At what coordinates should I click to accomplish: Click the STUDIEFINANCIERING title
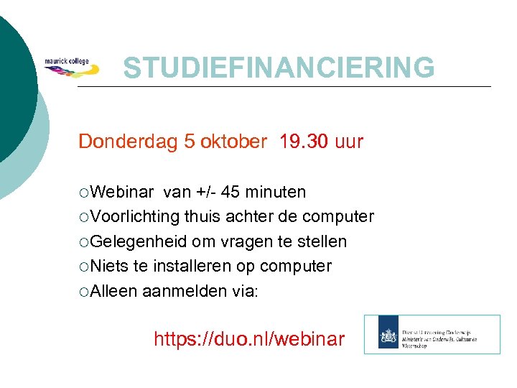[x=279, y=68]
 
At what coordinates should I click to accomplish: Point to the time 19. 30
[x=302, y=142]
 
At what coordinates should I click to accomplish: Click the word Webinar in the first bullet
[x=122, y=192]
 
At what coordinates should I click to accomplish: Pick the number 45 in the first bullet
[x=230, y=192]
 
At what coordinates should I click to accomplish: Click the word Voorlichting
[x=136, y=216]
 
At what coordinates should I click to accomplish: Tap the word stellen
[x=322, y=241]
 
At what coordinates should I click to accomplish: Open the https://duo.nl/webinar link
[x=249, y=338]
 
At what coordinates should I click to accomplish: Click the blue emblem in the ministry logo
[x=387, y=335]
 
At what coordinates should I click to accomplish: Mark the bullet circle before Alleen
[x=85, y=291]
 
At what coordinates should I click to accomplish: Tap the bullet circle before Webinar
[x=85, y=193]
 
